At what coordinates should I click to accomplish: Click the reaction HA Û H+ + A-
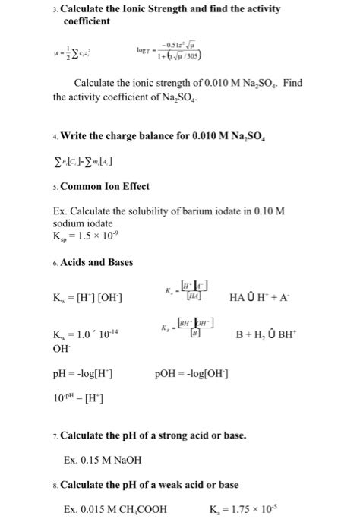click(274, 296)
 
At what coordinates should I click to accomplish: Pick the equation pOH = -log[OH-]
click(192, 375)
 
